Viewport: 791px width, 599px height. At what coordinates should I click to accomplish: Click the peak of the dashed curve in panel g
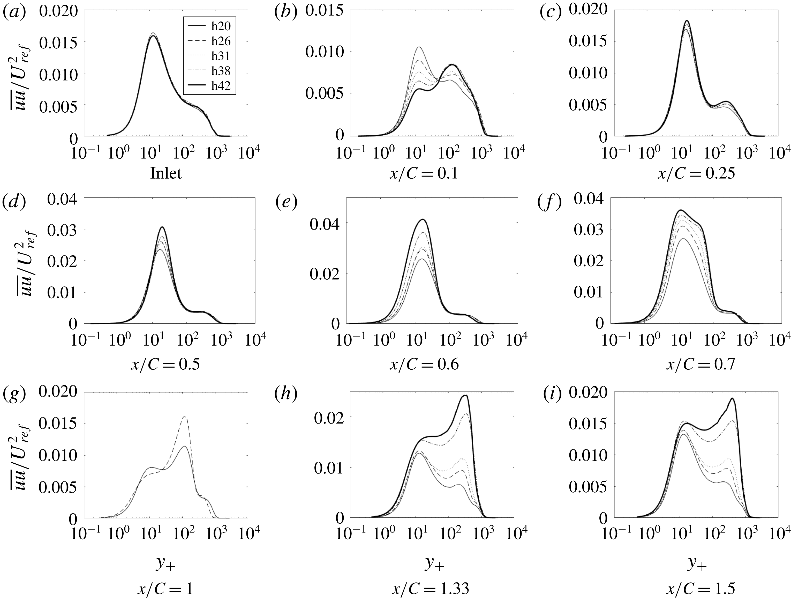pyautogui.click(x=185, y=417)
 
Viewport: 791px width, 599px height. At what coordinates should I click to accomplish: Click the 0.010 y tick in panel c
pyautogui.click(x=587, y=74)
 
